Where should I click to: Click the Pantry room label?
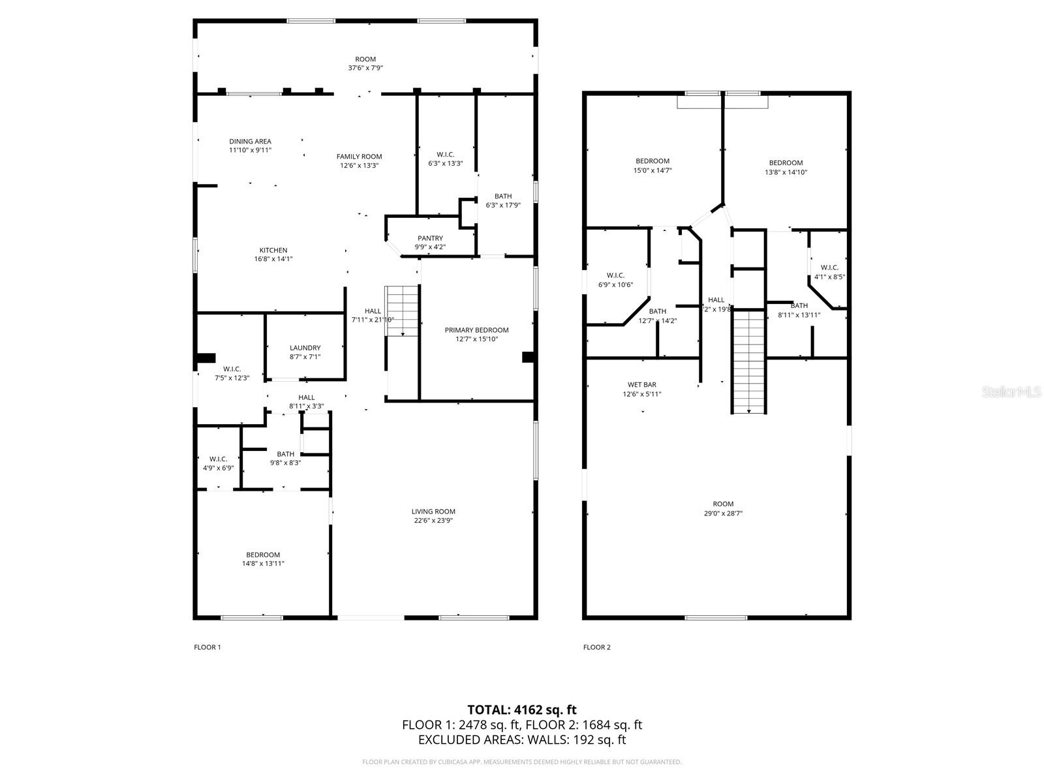click(x=430, y=238)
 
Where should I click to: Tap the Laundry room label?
click(x=305, y=348)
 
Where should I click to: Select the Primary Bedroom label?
click(x=476, y=330)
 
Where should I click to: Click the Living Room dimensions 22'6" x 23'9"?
click(x=433, y=521)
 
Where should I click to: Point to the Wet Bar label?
click(x=641, y=385)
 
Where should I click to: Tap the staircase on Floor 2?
click(x=748, y=361)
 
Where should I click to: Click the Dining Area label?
click(x=250, y=142)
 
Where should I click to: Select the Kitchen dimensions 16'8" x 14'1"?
click(x=273, y=259)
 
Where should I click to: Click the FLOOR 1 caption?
click(x=207, y=647)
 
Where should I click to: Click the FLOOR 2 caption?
click(x=596, y=647)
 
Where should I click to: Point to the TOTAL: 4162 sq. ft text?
click(x=521, y=709)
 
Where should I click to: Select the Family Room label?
click(x=359, y=157)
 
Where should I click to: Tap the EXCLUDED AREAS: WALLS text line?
click(x=521, y=740)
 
